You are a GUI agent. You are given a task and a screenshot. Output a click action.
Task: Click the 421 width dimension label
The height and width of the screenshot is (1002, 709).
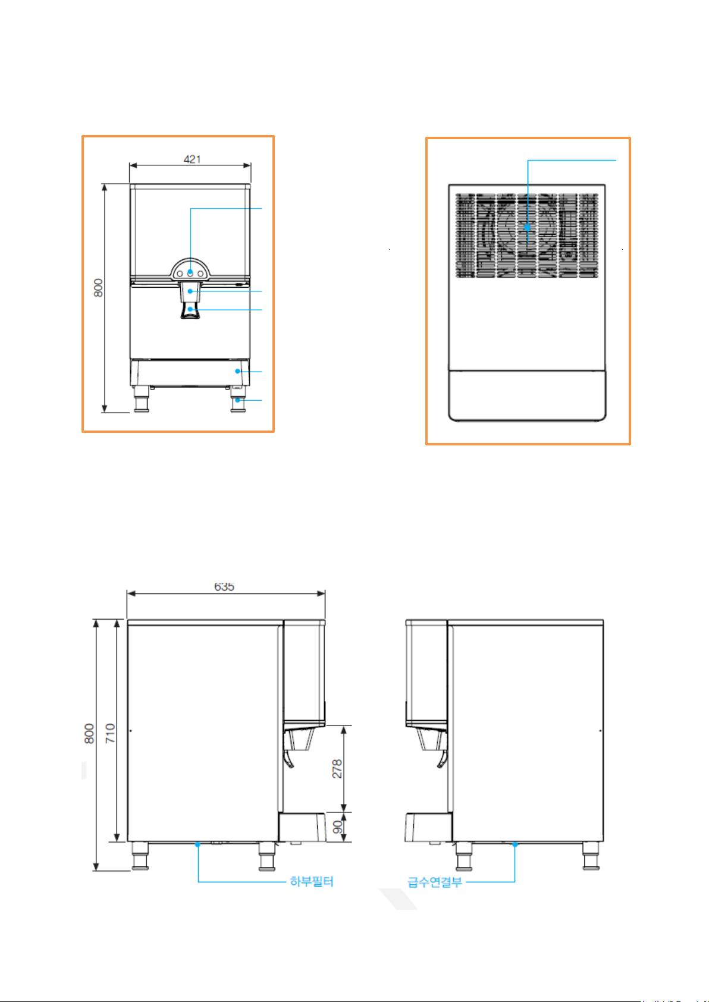pyautogui.click(x=192, y=159)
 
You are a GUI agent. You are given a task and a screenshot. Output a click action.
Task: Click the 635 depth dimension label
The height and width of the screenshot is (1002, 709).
pyautogui.click(x=224, y=586)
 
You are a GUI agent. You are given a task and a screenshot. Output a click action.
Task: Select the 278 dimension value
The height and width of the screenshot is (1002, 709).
pyautogui.click(x=337, y=768)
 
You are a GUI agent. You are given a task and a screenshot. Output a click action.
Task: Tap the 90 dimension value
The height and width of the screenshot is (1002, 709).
pyautogui.click(x=338, y=827)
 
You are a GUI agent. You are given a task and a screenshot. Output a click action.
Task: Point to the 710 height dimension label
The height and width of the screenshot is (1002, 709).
pyautogui.click(x=110, y=733)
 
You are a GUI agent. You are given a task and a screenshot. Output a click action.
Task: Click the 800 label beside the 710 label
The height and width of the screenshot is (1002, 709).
pyautogui.click(x=89, y=734)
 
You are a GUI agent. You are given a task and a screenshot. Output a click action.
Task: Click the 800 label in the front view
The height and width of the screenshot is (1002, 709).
pyautogui.click(x=98, y=288)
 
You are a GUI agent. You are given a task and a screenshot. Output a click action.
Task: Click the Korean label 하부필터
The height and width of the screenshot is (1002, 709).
pyautogui.click(x=312, y=882)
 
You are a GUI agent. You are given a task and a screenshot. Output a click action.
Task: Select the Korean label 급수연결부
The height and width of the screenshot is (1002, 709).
pyautogui.click(x=434, y=882)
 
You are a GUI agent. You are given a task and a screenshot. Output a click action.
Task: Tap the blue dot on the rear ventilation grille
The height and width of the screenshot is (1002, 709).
pyautogui.click(x=528, y=227)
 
